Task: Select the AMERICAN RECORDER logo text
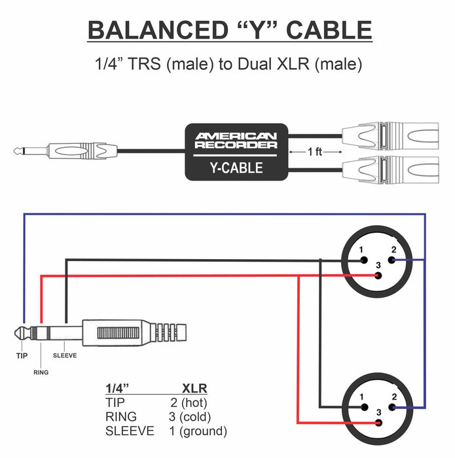click(x=236, y=140)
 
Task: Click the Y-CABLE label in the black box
click(x=236, y=167)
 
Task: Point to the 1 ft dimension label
click(x=315, y=151)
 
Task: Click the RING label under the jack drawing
click(x=40, y=372)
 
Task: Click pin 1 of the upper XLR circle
click(x=362, y=260)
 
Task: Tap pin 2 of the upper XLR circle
click(x=391, y=260)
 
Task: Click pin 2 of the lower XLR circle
click(x=391, y=406)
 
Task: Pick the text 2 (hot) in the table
click(x=189, y=402)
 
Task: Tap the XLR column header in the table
click(x=194, y=388)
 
